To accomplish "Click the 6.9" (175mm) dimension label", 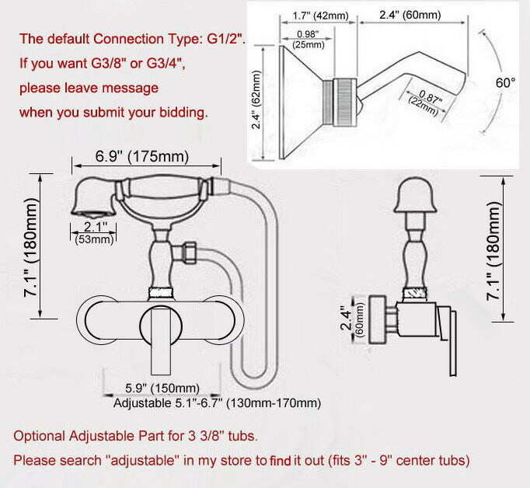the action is pyautogui.click(x=142, y=156).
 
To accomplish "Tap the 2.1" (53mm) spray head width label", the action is pyautogui.click(x=94, y=233).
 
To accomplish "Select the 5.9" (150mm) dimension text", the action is pyautogui.click(x=162, y=389).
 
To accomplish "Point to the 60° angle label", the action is pyautogui.click(x=506, y=82).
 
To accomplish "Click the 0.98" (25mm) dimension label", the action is pyautogui.click(x=309, y=39).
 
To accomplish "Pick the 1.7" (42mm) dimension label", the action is pyautogui.click(x=320, y=16).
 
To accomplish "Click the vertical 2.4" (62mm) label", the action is pyautogui.click(x=256, y=99).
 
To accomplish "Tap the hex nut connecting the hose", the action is pyautogui.click(x=190, y=252).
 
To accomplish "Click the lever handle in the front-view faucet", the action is pyautogui.click(x=161, y=341).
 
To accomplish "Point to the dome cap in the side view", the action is pyautogui.click(x=416, y=195).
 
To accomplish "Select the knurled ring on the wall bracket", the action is pyautogui.click(x=345, y=103).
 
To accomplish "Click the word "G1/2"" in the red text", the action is pyautogui.click(x=226, y=39).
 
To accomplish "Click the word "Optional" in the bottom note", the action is pyautogui.click(x=39, y=436).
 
